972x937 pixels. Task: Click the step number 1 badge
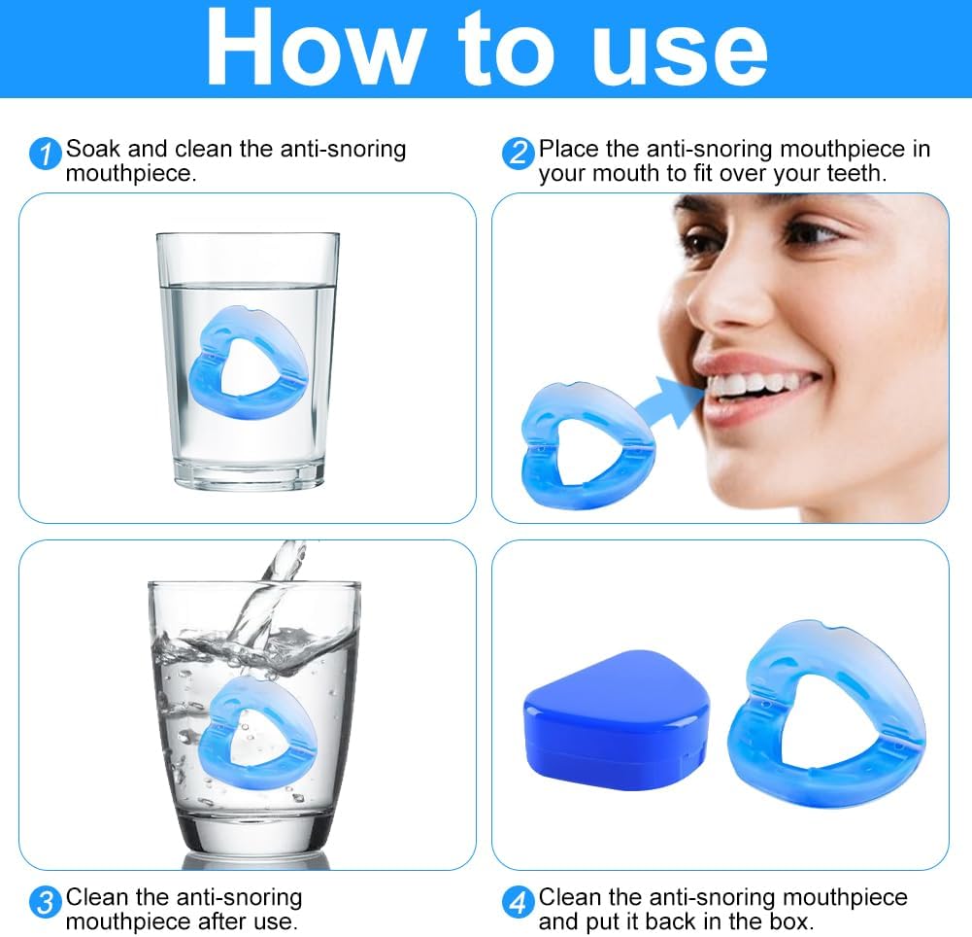pos(45,154)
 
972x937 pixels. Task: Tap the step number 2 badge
pos(518,154)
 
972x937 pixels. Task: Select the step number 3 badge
pos(45,901)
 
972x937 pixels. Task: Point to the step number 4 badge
pos(518,901)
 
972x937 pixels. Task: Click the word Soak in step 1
pos(95,150)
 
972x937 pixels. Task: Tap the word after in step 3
pos(201,920)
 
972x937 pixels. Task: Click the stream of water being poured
pos(267,593)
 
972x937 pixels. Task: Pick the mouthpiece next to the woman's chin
pos(583,442)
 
